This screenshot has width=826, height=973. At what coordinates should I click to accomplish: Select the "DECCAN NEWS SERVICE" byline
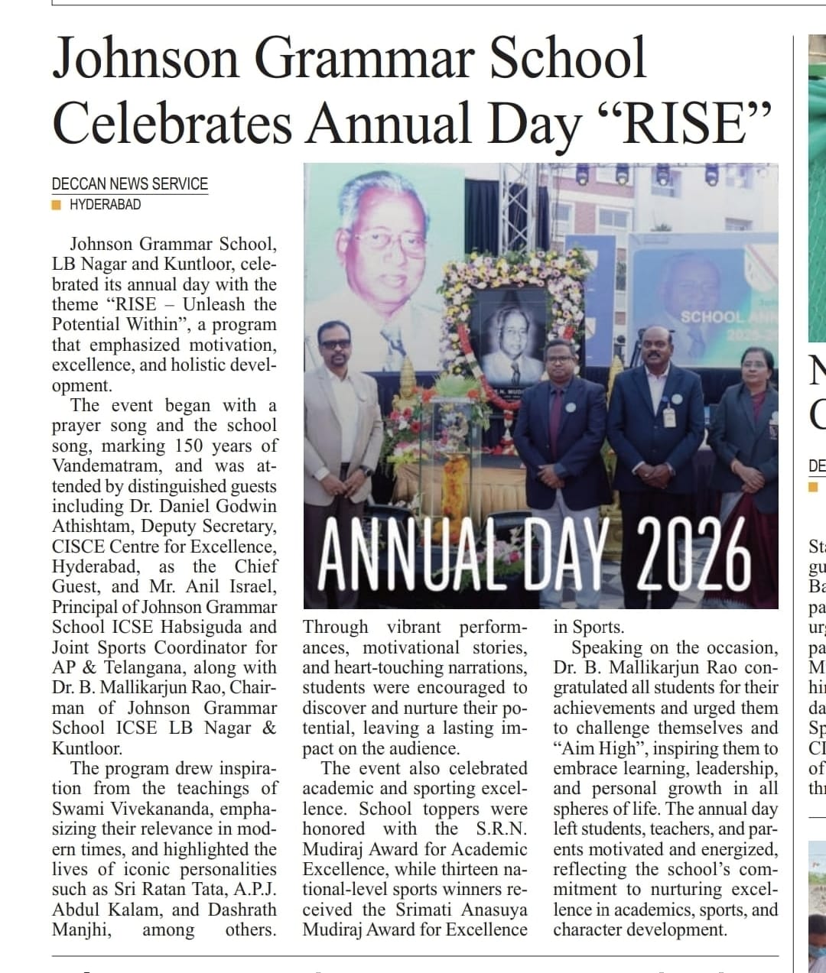pyautogui.click(x=130, y=184)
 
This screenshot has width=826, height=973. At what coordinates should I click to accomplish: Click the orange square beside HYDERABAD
pyautogui.click(x=57, y=205)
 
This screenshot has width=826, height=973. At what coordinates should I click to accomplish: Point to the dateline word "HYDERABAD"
pyautogui.click(x=105, y=205)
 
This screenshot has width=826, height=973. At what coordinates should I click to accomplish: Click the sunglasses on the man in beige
pyautogui.click(x=336, y=343)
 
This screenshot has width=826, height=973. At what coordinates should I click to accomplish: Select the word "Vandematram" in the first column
pyautogui.click(x=106, y=466)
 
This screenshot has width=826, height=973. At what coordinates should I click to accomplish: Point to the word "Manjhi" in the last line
pyautogui.click(x=81, y=929)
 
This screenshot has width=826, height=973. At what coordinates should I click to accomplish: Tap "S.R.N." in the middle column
pyautogui.click(x=501, y=829)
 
